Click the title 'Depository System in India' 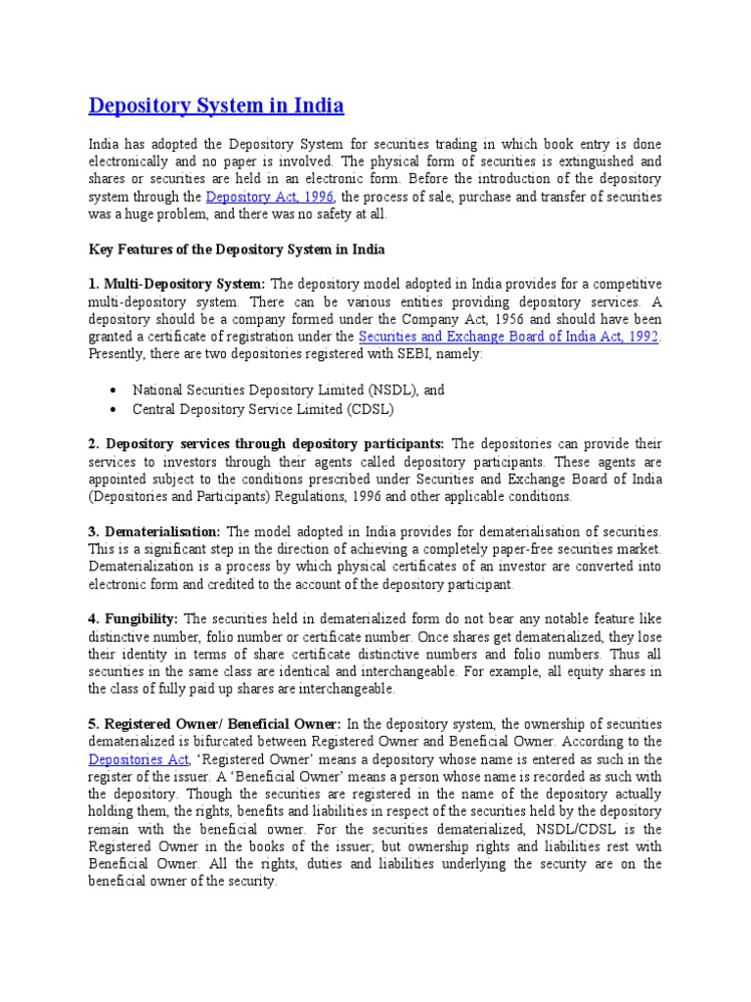pyautogui.click(x=216, y=105)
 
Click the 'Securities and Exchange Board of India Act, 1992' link pyautogui.click(x=509, y=337)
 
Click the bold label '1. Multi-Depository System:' pyautogui.click(x=177, y=283)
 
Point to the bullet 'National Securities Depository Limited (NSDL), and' pyautogui.click(x=288, y=389)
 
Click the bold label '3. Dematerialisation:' pyautogui.click(x=155, y=531)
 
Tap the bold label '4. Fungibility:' pyautogui.click(x=133, y=618)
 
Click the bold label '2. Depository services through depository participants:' pyautogui.click(x=267, y=443)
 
